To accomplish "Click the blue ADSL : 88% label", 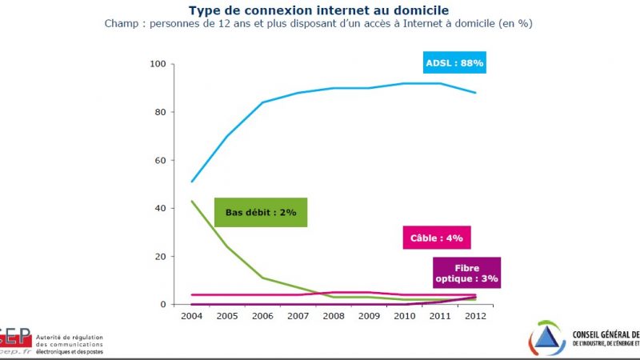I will (455, 62).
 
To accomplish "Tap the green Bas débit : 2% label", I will (261, 212).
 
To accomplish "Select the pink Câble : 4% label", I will (432, 238).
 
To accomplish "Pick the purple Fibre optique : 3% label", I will (466, 273).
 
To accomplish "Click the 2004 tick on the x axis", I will (192, 315).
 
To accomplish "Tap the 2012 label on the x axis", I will (475, 315).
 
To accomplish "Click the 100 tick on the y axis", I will (158, 64).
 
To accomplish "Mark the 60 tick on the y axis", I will (160, 160).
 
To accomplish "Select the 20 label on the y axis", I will (160, 256).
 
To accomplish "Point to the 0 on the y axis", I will (162, 304).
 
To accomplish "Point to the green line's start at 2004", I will (192, 201).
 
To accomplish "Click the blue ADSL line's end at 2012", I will (476, 93).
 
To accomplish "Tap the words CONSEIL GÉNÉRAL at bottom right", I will (606, 334).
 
